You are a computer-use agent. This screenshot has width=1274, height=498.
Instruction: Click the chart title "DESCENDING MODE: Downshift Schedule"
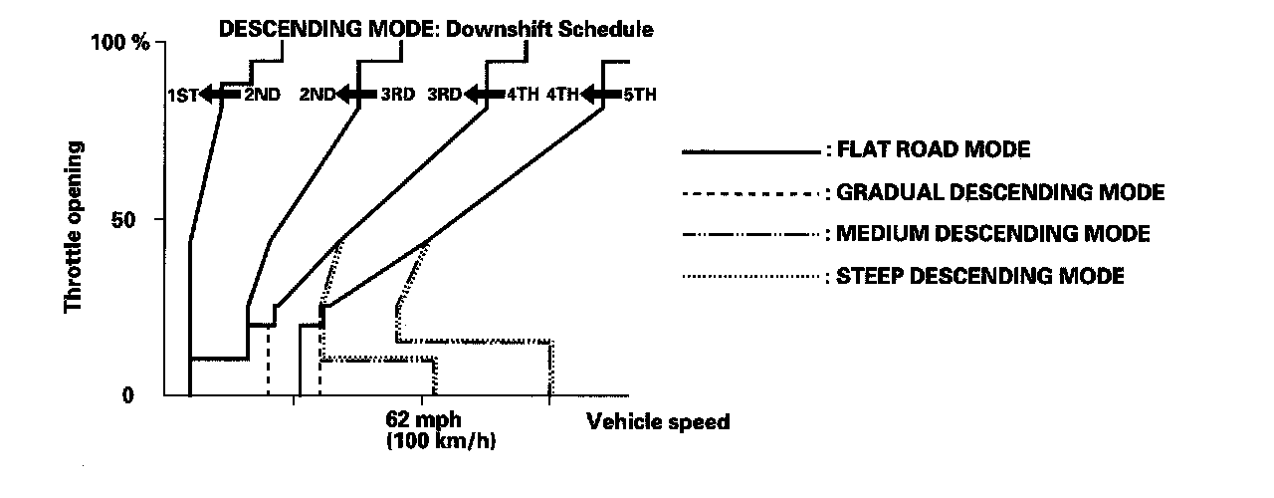point(436,29)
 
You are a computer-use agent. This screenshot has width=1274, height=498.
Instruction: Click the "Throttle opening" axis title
point(74,227)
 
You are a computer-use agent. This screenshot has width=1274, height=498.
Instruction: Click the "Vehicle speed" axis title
point(658,422)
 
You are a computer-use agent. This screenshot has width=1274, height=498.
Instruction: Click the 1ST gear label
point(182,96)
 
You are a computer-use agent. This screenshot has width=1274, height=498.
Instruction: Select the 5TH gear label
point(639,96)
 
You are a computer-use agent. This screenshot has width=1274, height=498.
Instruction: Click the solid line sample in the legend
point(750,152)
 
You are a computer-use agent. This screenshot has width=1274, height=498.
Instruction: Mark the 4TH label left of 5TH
point(562,96)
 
